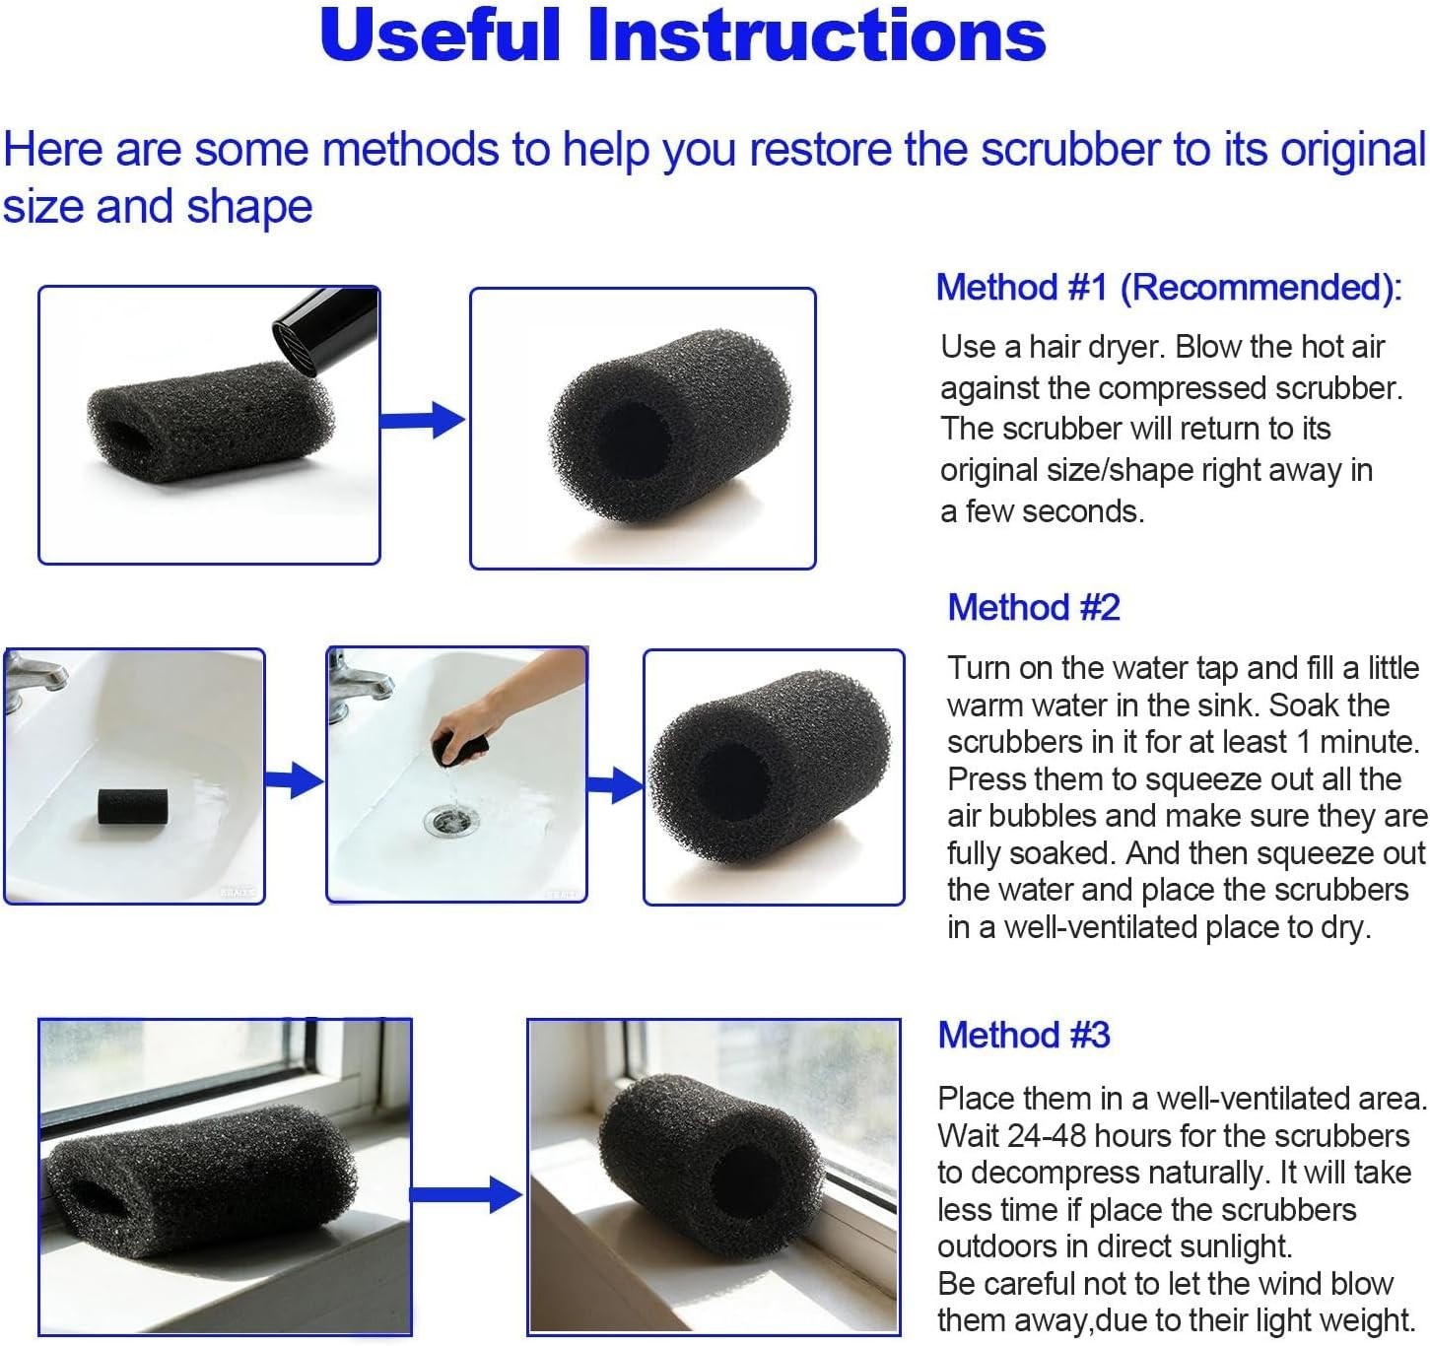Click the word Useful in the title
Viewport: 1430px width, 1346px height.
441,35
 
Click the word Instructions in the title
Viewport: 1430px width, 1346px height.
817,35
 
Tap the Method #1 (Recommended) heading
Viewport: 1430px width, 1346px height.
1169,288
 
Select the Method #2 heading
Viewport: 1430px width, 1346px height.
1033,607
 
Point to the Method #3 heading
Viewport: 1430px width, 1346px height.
1023,1035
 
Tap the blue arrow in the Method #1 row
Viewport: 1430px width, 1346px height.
423,420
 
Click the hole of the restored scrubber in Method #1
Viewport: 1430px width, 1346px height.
634,437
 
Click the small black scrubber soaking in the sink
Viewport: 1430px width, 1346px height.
132,807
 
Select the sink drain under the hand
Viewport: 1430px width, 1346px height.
451,820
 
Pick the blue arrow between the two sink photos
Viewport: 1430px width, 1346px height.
294,780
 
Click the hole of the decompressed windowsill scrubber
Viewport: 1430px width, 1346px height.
747,1184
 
